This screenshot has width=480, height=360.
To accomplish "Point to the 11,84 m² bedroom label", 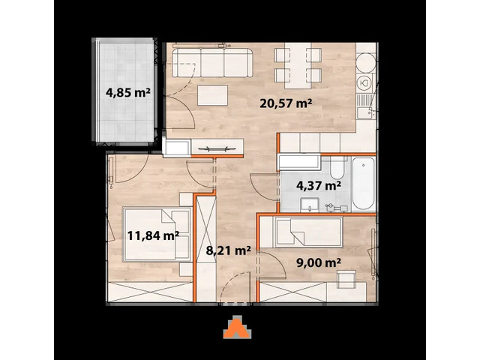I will (x=152, y=235).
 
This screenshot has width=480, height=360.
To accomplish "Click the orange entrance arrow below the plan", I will (x=238, y=328).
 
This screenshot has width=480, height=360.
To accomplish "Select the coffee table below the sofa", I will (x=213, y=97).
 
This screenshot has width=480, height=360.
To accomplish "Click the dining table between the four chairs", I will (x=293, y=65).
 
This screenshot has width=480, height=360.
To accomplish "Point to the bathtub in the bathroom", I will (x=363, y=184).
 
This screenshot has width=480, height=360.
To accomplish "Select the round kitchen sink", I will (x=365, y=82).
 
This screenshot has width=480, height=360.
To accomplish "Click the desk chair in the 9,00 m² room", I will (x=345, y=280).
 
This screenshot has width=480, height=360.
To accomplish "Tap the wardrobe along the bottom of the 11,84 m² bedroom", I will (x=150, y=291).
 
